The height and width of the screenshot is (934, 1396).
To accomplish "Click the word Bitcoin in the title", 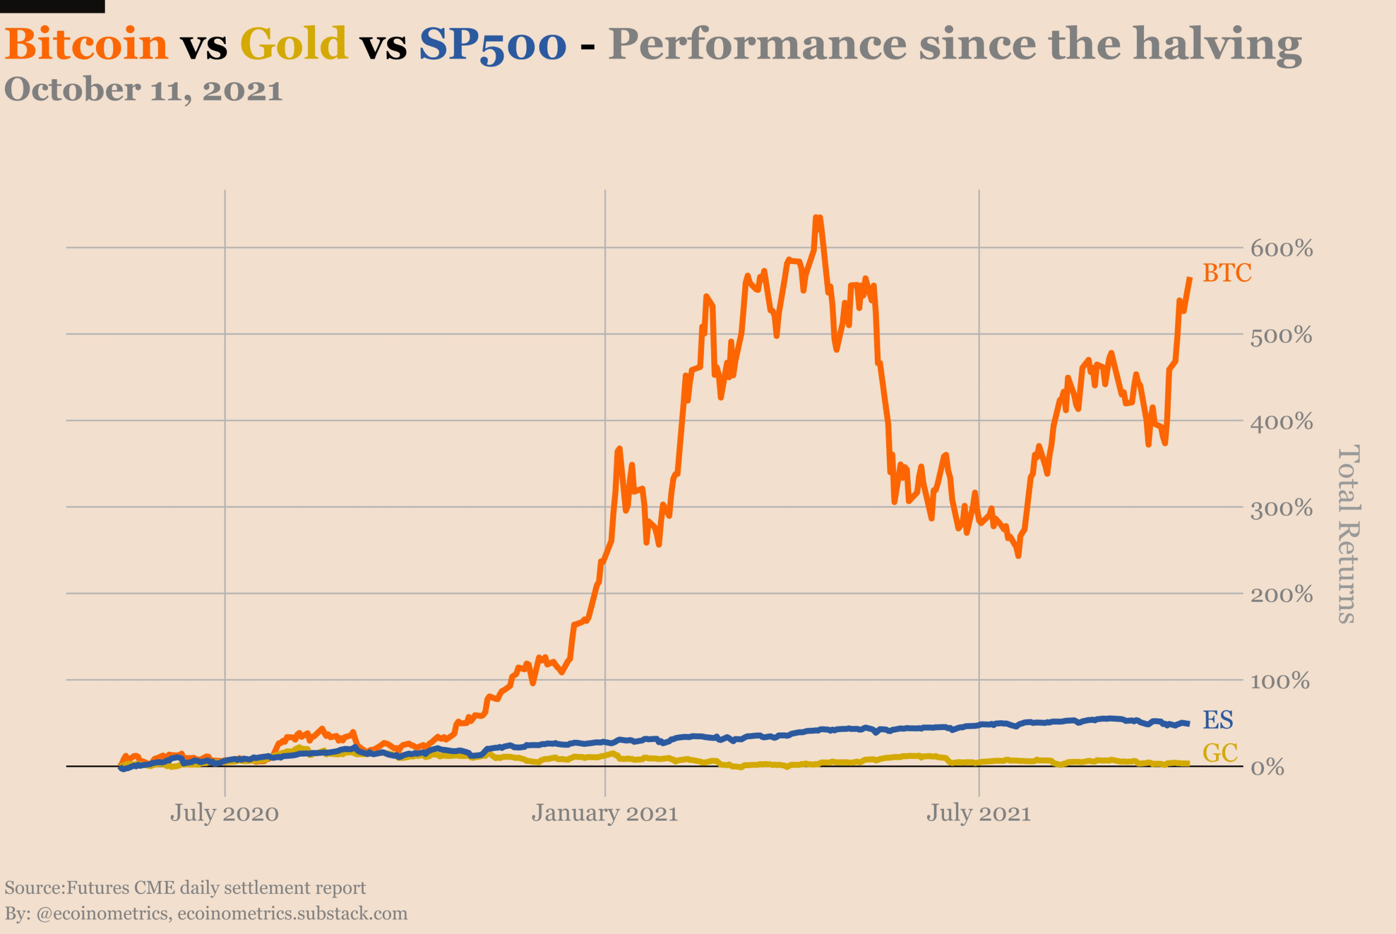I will coord(86,44).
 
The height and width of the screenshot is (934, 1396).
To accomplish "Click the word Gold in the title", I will coord(294,44).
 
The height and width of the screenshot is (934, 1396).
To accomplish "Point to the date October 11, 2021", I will coord(143,91).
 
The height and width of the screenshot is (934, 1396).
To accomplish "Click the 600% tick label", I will coord(1281,249).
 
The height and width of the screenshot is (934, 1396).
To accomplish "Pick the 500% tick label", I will coord(1281,336).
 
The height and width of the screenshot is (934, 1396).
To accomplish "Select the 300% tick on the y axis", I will coord(1281,508).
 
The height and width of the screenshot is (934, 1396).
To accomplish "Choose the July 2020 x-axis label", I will coord(225,813).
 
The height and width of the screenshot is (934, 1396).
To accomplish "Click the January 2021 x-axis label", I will coord(605,813).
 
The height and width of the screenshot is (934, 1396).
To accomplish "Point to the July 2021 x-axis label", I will coord(978,813).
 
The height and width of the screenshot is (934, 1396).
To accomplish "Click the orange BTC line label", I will coord(1227,273).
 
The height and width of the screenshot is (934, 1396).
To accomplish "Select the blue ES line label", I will coord(1218,720).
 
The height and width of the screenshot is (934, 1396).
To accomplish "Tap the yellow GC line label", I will coord(1220,753).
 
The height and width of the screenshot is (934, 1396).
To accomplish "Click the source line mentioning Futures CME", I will coord(185,888).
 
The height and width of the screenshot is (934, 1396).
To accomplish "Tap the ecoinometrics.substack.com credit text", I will coord(292,914).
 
